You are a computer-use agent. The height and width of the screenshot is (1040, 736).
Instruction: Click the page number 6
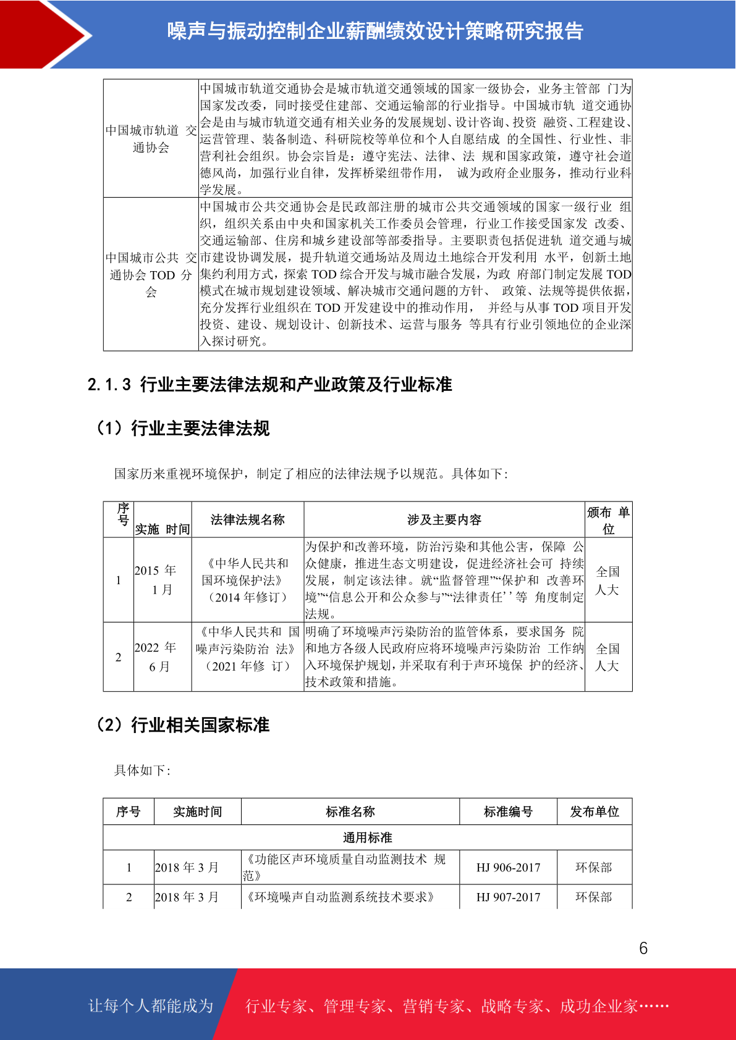click(x=643, y=948)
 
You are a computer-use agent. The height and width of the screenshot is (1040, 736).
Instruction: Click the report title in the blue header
click(x=375, y=31)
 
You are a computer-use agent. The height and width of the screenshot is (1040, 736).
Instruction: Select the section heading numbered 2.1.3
click(x=269, y=385)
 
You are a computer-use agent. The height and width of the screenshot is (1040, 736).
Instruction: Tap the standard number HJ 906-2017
click(x=508, y=868)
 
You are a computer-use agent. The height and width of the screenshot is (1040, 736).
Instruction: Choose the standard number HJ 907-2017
click(x=508, y=897)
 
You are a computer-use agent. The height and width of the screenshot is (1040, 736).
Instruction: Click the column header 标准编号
click(x=508, y=811)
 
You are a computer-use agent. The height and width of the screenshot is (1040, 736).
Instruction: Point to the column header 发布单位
click(x=594, y=811)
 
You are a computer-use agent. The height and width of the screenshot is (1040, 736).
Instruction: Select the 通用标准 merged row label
click(x=367, y=837)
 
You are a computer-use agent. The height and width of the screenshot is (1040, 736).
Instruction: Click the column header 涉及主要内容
click(x=444, y=520)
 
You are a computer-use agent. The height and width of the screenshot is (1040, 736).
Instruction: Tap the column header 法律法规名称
click(x=247, y=520)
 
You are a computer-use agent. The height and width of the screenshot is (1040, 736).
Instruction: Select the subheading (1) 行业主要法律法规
click(x=183, y=428)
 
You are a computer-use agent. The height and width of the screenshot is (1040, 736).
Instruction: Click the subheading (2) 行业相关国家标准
click(x=183, y=724)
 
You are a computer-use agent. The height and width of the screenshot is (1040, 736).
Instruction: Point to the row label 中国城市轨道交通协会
click(x=151, y=139)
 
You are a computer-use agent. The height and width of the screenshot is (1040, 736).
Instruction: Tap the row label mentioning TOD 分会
click(x=151, y=274)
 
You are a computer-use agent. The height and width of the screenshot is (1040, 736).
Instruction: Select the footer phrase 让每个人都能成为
click(x=150, y=1006)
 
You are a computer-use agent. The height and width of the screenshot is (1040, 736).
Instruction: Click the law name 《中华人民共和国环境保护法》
click(x=247, y=580)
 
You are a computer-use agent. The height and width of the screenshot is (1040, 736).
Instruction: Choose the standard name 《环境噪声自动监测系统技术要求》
click(x=341, y=897)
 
